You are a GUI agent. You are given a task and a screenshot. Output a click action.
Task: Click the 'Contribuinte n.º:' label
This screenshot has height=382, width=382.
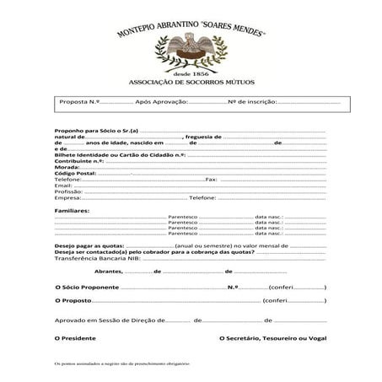point(78,160)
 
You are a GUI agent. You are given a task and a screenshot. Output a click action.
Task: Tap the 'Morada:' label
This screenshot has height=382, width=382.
point(67,167)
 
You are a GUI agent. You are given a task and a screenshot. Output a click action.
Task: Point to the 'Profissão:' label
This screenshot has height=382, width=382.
point(69,191)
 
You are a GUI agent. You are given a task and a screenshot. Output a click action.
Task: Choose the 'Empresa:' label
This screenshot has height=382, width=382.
point(68,197)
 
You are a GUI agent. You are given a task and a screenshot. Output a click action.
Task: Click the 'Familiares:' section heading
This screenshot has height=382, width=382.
point(73,209)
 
